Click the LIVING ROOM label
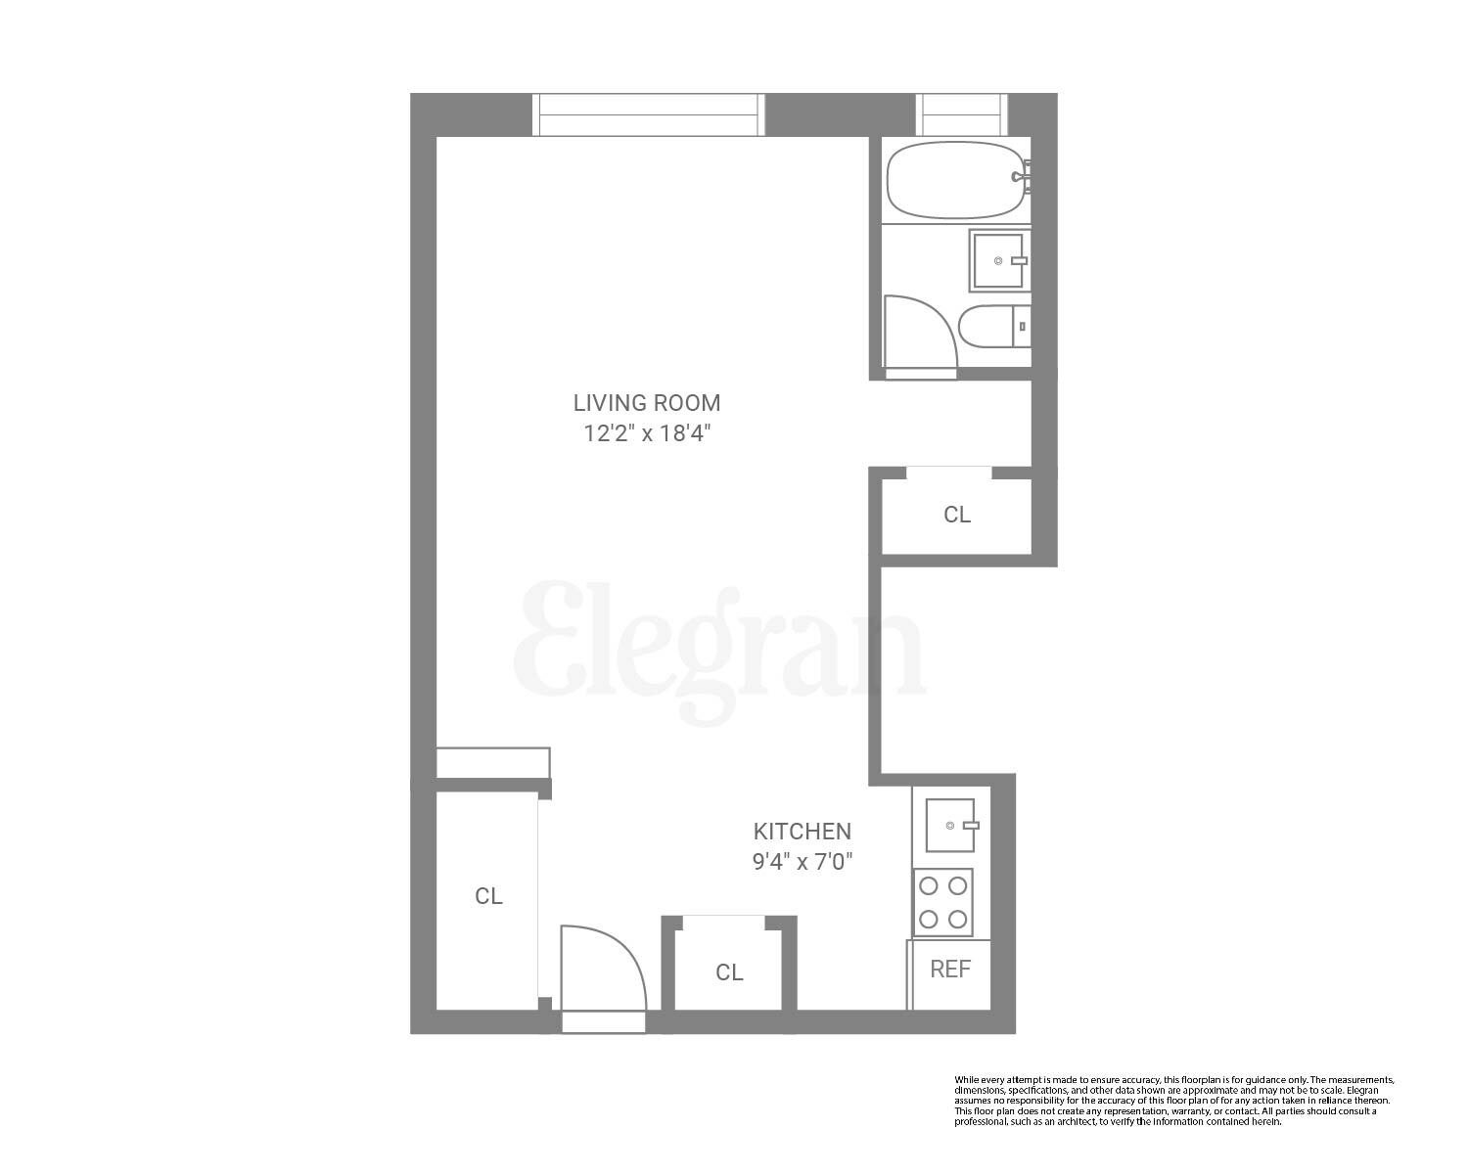point(646,402)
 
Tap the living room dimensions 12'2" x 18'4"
point(646,433)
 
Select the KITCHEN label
point(802,832)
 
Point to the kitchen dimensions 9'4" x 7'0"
point(802,863)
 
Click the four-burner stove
point(943,902)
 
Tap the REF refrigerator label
point(950,970)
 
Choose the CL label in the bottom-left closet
point(488,896)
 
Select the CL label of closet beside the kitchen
point(729,972)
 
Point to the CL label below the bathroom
point(956,515)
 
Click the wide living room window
point(648,114)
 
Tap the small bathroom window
point(961,114)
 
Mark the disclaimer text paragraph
point(1173,1101)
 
